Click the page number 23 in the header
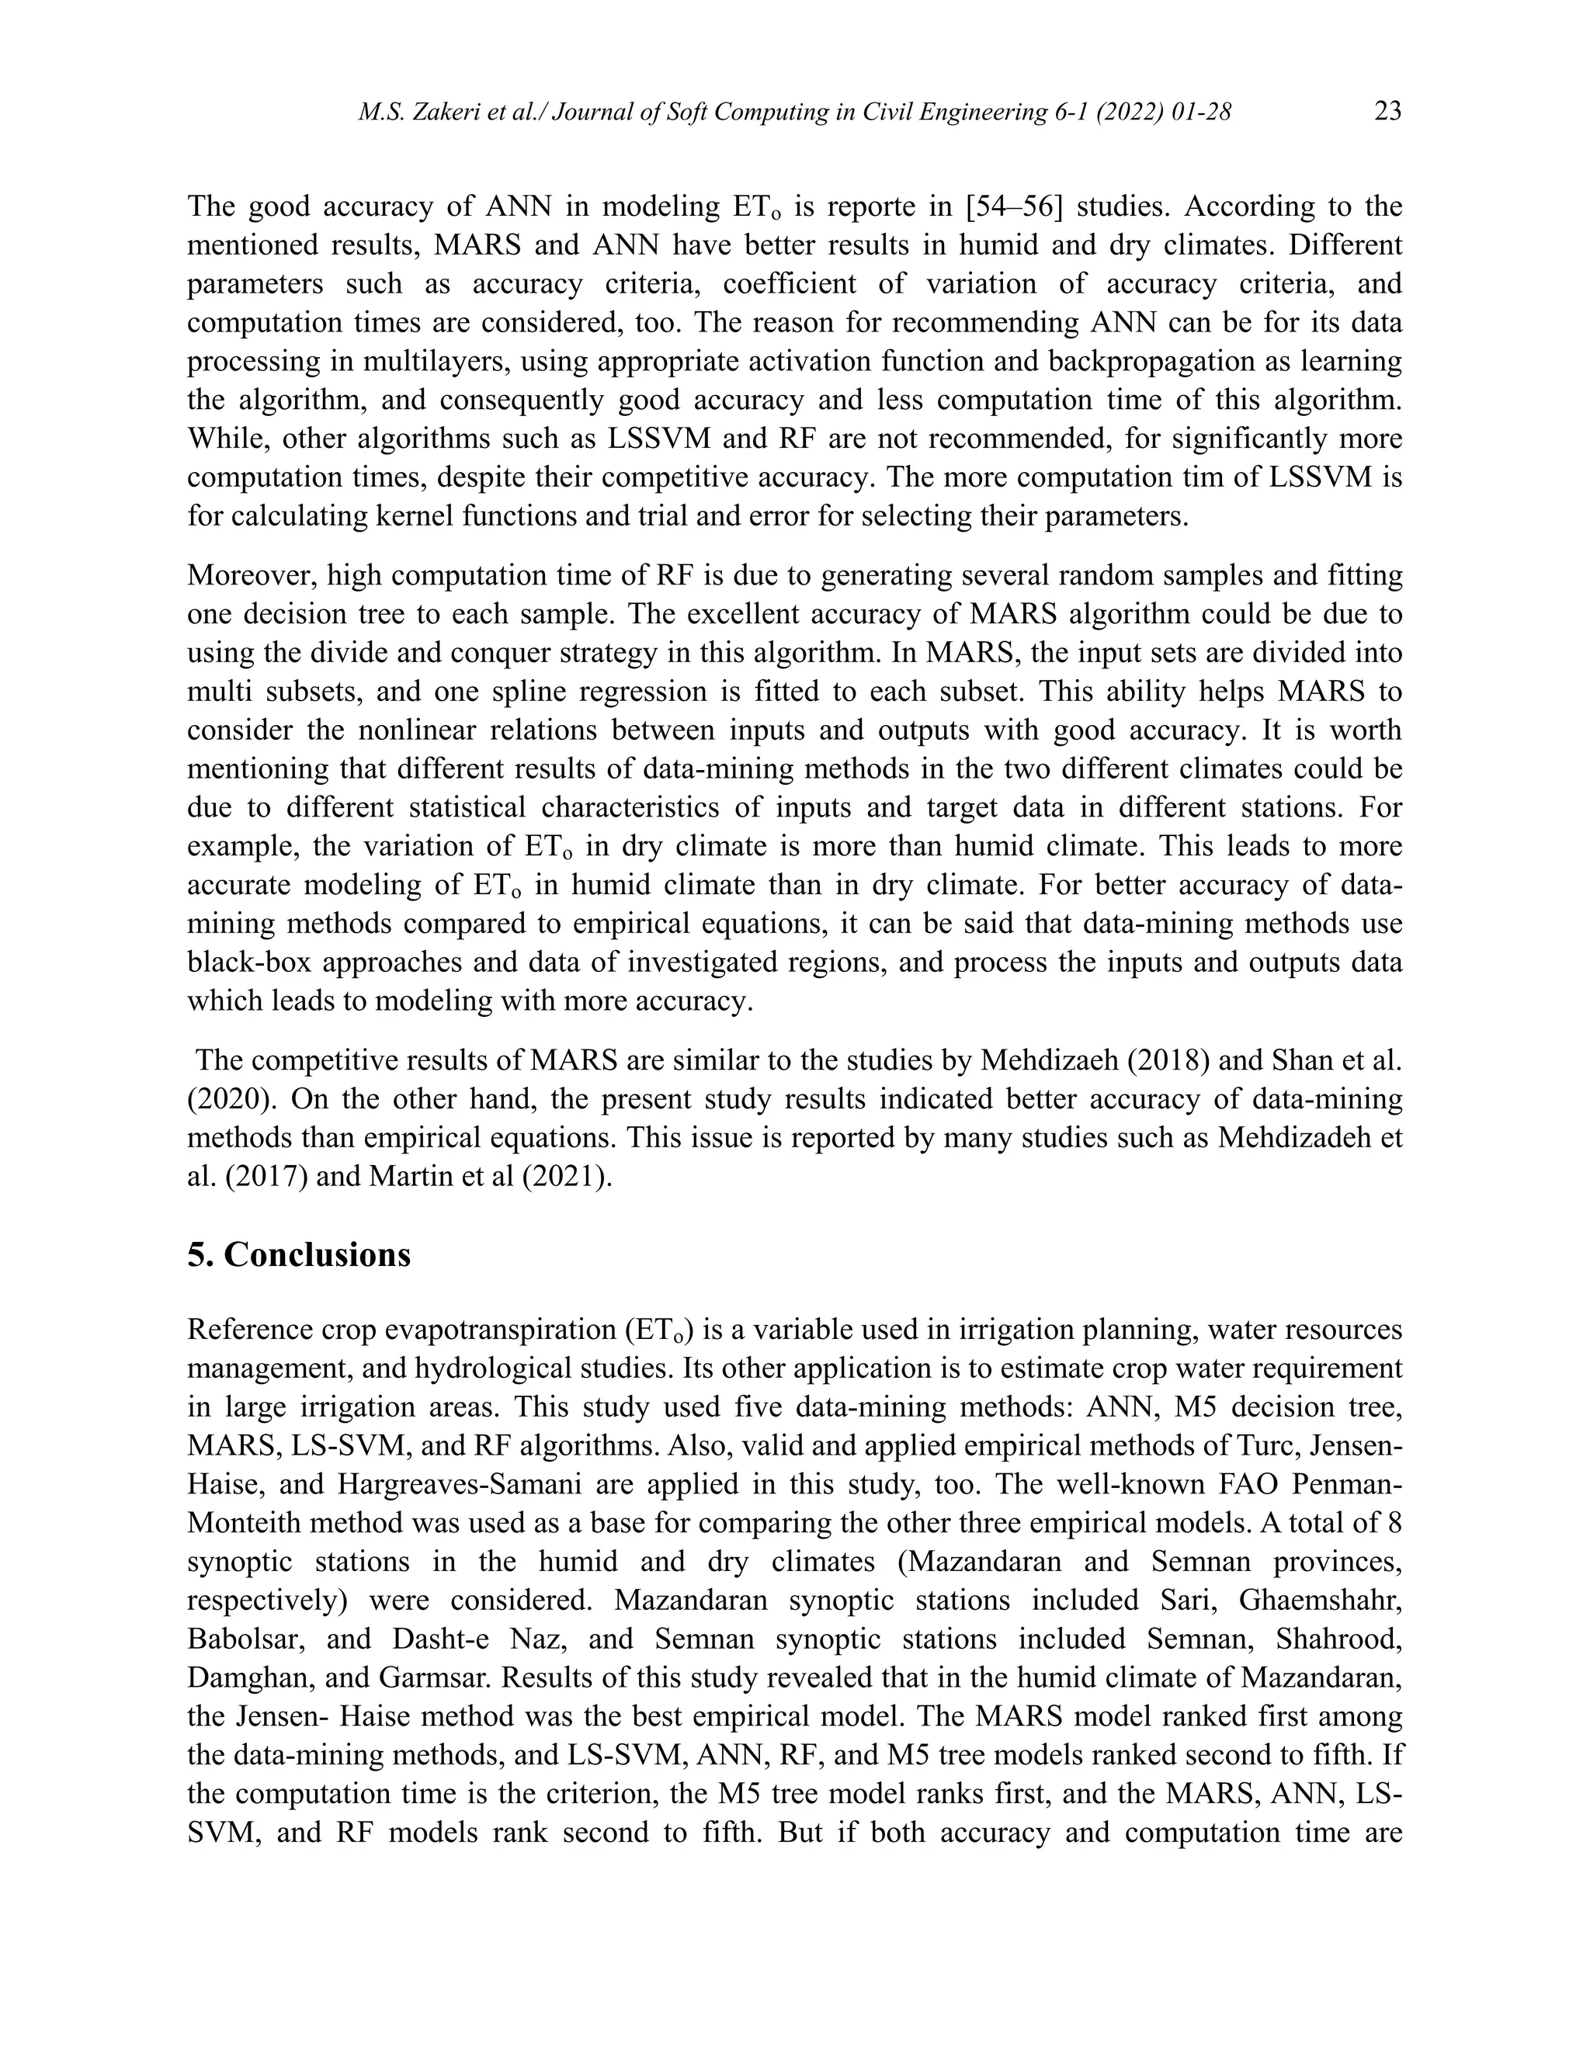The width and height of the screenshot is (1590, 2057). [1387, 112]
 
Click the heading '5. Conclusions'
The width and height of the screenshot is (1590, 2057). [299, 1255]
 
